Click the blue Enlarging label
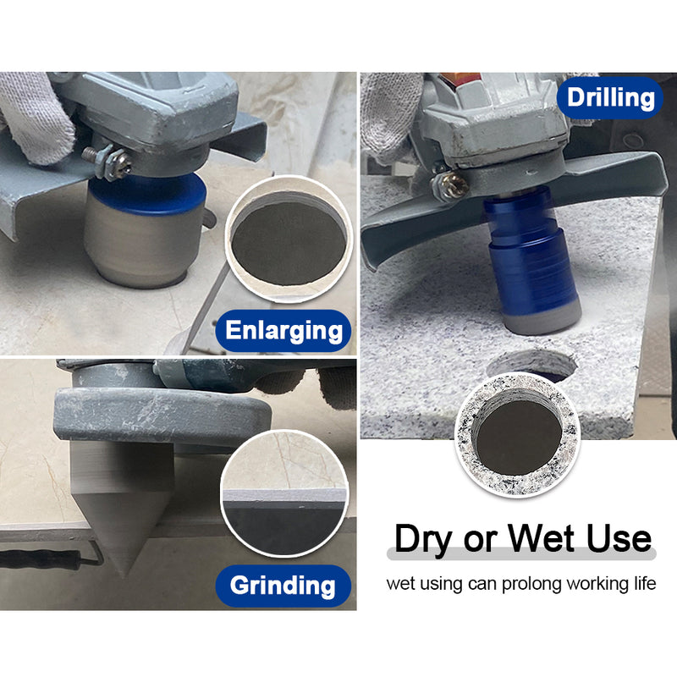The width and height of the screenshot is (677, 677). (x=283, y=331)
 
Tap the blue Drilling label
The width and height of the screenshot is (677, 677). (x=610, y=97)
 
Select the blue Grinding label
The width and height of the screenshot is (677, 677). (x=283, y=586)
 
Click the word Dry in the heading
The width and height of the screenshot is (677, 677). (x=426, y=539)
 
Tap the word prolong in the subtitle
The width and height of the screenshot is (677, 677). (x=532, y=584)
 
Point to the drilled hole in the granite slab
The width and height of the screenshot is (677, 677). (x=532, y=364)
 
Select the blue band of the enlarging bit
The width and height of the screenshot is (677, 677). (x=147, y=195)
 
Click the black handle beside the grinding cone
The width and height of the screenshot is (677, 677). (x=42, y=558)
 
